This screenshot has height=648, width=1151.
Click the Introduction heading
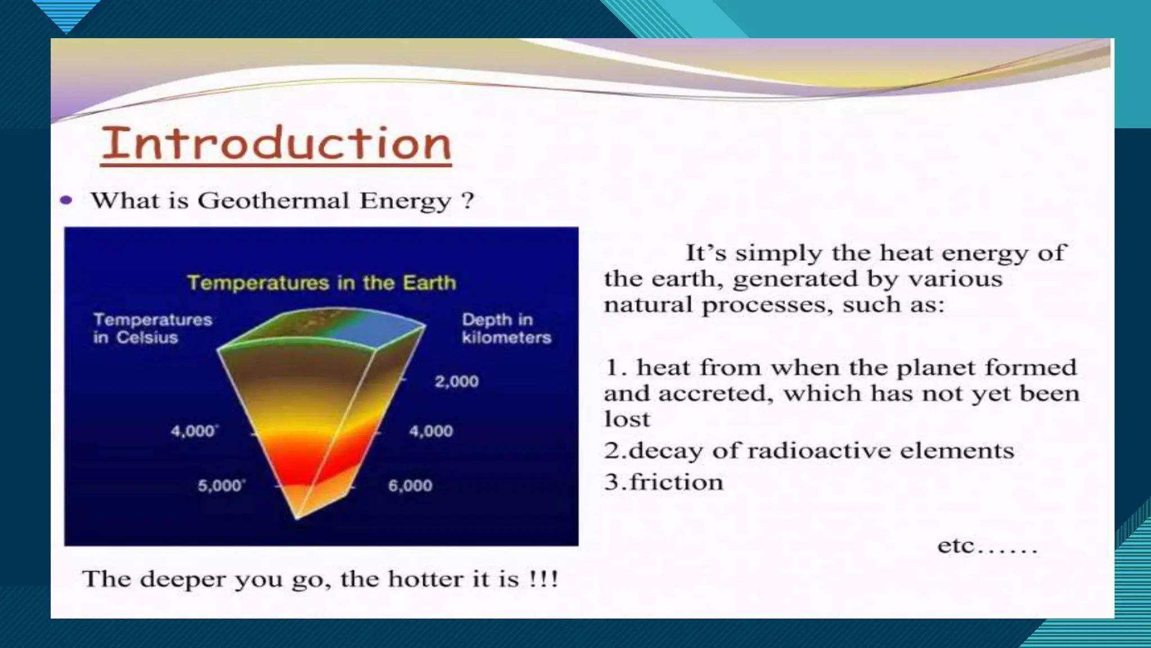click(276, 143)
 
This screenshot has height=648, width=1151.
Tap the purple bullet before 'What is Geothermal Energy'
click(66, 200)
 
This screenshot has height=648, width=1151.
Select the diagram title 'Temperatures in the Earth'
click(321, 282)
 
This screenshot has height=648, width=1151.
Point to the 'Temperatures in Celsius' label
click(152, 328)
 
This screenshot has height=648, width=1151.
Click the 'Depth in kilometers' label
click(506, 328)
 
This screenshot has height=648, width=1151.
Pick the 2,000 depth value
click(456, 381)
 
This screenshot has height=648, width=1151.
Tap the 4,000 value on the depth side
click(431, 431)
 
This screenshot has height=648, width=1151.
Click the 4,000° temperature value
click(194, 431)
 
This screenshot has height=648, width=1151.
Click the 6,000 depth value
click(410, 485)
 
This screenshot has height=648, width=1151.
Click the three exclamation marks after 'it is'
click(543, 579)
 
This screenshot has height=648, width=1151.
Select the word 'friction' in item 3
click(676, 483)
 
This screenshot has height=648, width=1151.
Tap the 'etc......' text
click(987, 546)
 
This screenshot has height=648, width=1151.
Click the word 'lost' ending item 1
click(627, 419)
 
